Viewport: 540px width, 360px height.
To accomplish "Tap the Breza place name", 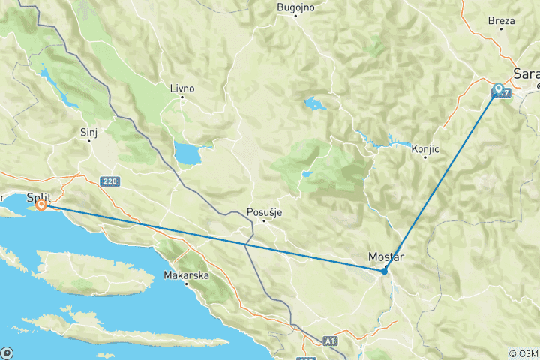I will pos(501,21).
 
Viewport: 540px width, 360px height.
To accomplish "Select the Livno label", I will pos(181,88).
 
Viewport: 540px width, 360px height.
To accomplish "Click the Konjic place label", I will pos(424,149).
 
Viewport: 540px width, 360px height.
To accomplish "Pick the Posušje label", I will pos(264,212).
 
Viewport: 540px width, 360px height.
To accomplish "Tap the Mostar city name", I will pos(386,257).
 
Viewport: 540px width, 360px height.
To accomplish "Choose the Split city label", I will pos(39,197).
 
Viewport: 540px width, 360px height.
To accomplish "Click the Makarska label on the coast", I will pos(186,276).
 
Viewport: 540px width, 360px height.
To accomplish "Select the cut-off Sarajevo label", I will pos(526,73).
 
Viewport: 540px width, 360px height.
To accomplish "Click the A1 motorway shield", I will pos(330,340).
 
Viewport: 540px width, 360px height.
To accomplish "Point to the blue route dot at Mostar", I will pos(384,271).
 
